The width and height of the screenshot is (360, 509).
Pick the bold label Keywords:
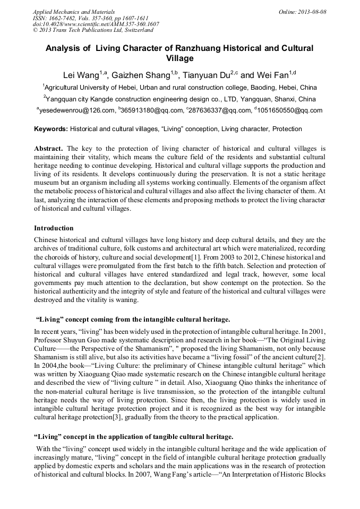51,129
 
